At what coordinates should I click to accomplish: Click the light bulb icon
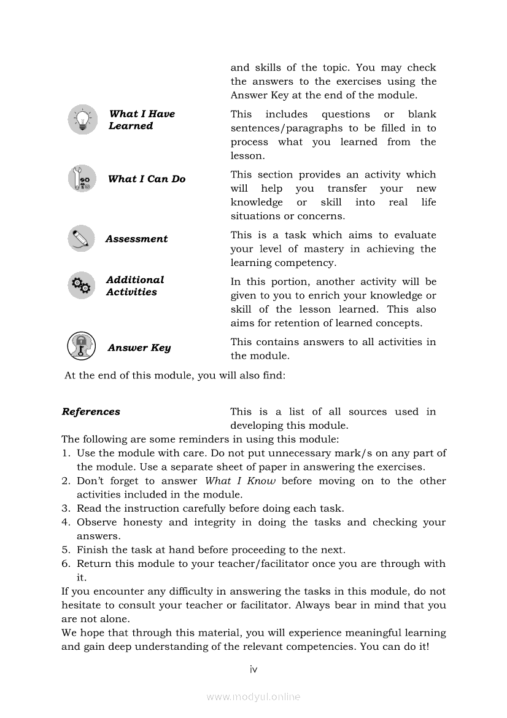point(82,119)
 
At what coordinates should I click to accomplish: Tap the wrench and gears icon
point(82,179)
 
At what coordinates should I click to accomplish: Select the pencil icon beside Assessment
point(82,238)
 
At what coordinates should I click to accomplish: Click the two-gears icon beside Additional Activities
point(82,286)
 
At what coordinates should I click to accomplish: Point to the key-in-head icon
point(82,346)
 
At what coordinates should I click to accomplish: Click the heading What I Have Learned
point(141,120)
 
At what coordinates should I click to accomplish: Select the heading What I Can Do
point(147,179)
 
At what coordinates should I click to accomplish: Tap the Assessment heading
point(136,239)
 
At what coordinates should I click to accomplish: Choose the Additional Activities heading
point(134,286)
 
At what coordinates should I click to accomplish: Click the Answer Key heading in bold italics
point(139,348)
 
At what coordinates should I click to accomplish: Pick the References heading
point(91,412)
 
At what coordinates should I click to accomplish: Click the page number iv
point(253,669)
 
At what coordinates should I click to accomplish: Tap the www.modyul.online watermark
point(253,697)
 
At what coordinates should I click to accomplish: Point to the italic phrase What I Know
point(240,481)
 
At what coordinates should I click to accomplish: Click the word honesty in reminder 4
point(142,523)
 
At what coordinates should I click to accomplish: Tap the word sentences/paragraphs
point(287,128)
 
